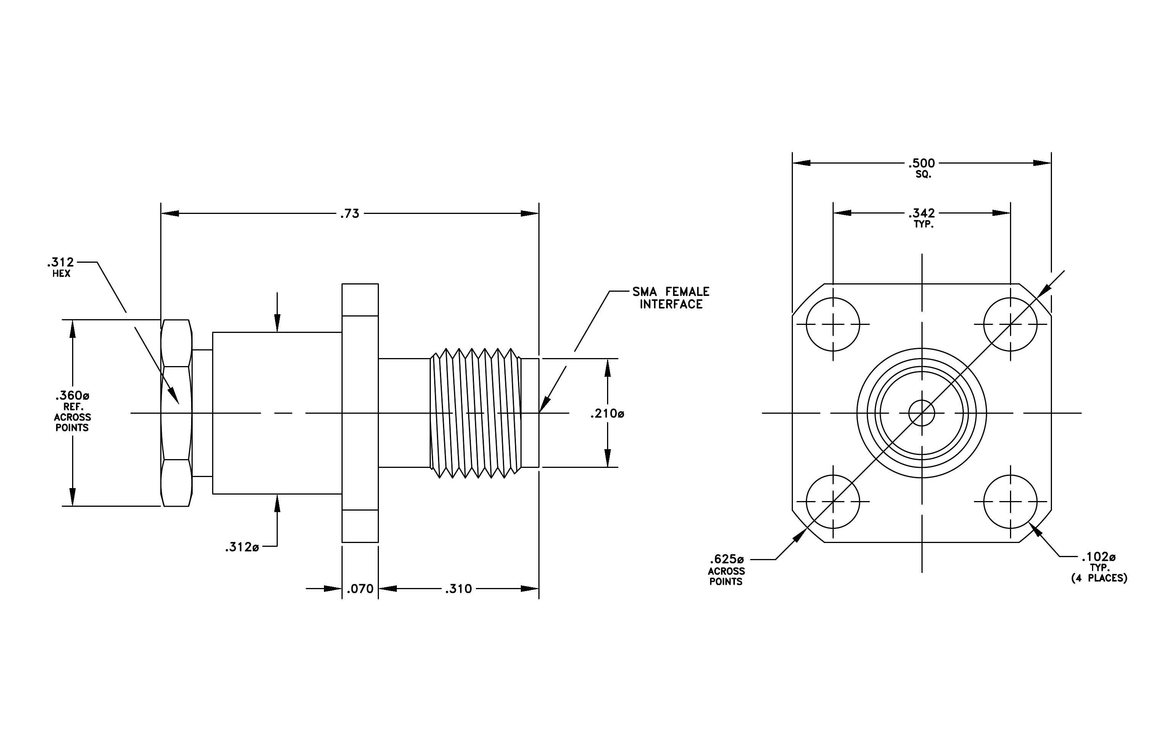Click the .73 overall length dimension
tap(349, 214)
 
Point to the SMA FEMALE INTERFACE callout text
tap(671, 298)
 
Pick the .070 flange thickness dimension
tap(360, 589)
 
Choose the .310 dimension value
tap(459, 589)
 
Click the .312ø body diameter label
tap(242, 548)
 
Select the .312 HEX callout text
tap(61, 267)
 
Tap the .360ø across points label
tap(72, 411)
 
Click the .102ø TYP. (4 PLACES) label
tap(1099, 567)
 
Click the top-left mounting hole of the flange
tap(833, 324)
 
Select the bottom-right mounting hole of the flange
tap(1010, 502)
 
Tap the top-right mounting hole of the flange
tap(1010, 324)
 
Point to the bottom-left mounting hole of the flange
tap(833, 502)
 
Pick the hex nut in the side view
tap(176, 413)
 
